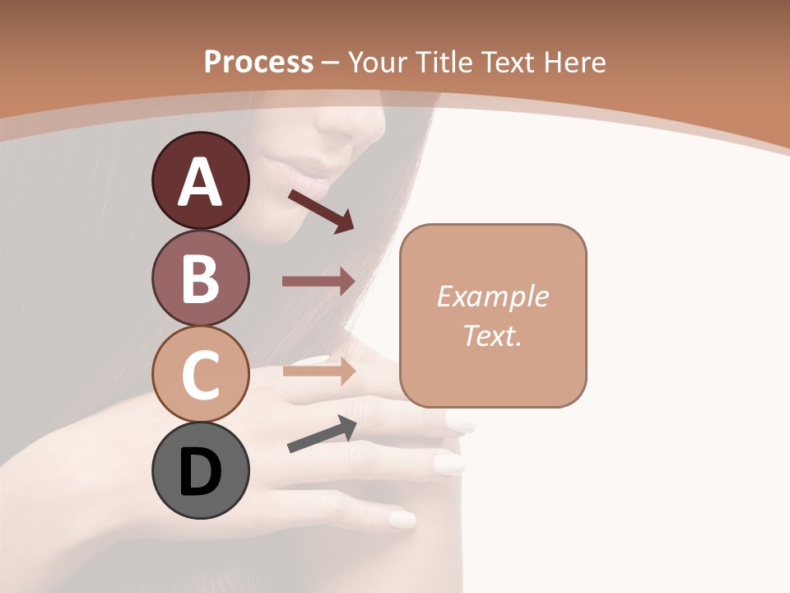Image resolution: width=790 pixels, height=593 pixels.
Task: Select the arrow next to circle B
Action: tap(318, 282)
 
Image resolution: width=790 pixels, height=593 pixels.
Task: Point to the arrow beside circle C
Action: tap(318, 371)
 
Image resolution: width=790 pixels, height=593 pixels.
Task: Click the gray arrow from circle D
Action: tap(321, 435)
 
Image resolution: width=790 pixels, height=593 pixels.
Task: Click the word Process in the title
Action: tap(258, 62)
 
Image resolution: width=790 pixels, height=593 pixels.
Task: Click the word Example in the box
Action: tap(492, 296)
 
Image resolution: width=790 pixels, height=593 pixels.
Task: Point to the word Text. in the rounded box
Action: tap(492, 336)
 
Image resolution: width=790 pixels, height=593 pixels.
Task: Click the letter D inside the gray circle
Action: tap(200, 473)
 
